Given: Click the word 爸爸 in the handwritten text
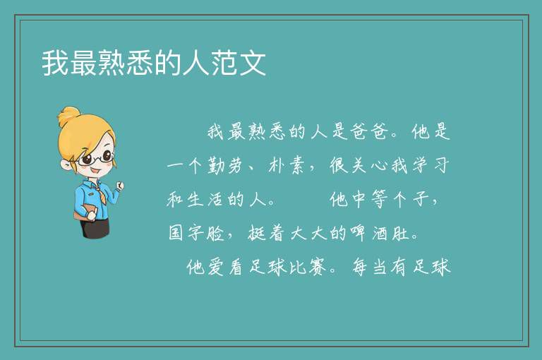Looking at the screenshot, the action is pos(368,131).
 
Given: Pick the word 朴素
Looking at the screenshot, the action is pos(287,165).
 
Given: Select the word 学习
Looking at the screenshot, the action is pos(431,165).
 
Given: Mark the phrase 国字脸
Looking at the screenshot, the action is pos(196,233).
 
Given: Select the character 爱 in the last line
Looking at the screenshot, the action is pos(215,267).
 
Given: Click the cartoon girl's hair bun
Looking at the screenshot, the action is pos(68,117).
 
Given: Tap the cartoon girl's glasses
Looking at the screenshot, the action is pos(95,158).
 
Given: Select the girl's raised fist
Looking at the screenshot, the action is pos(119,186).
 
